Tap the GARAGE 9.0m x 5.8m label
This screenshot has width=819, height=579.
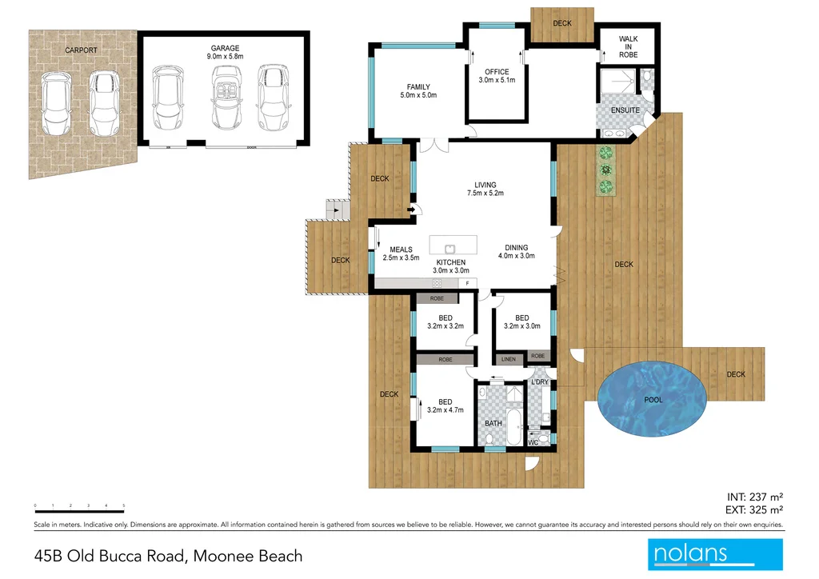click(x=224, y=53)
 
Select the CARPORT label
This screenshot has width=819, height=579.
click(x=81, y=50)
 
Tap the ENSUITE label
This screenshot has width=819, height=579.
click(x=625, y=110)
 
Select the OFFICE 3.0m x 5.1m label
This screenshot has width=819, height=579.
click(x=496, y=76)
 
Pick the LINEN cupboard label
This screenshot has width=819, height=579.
click(x=508, y=360)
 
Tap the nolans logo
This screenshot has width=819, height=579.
click(x=714, y=554)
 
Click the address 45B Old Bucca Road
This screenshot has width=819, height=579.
click(x=168, y=555)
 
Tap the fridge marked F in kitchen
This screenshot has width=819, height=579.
click(x=467, y=283)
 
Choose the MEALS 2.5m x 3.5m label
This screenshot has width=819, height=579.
click(x=401, y=254)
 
